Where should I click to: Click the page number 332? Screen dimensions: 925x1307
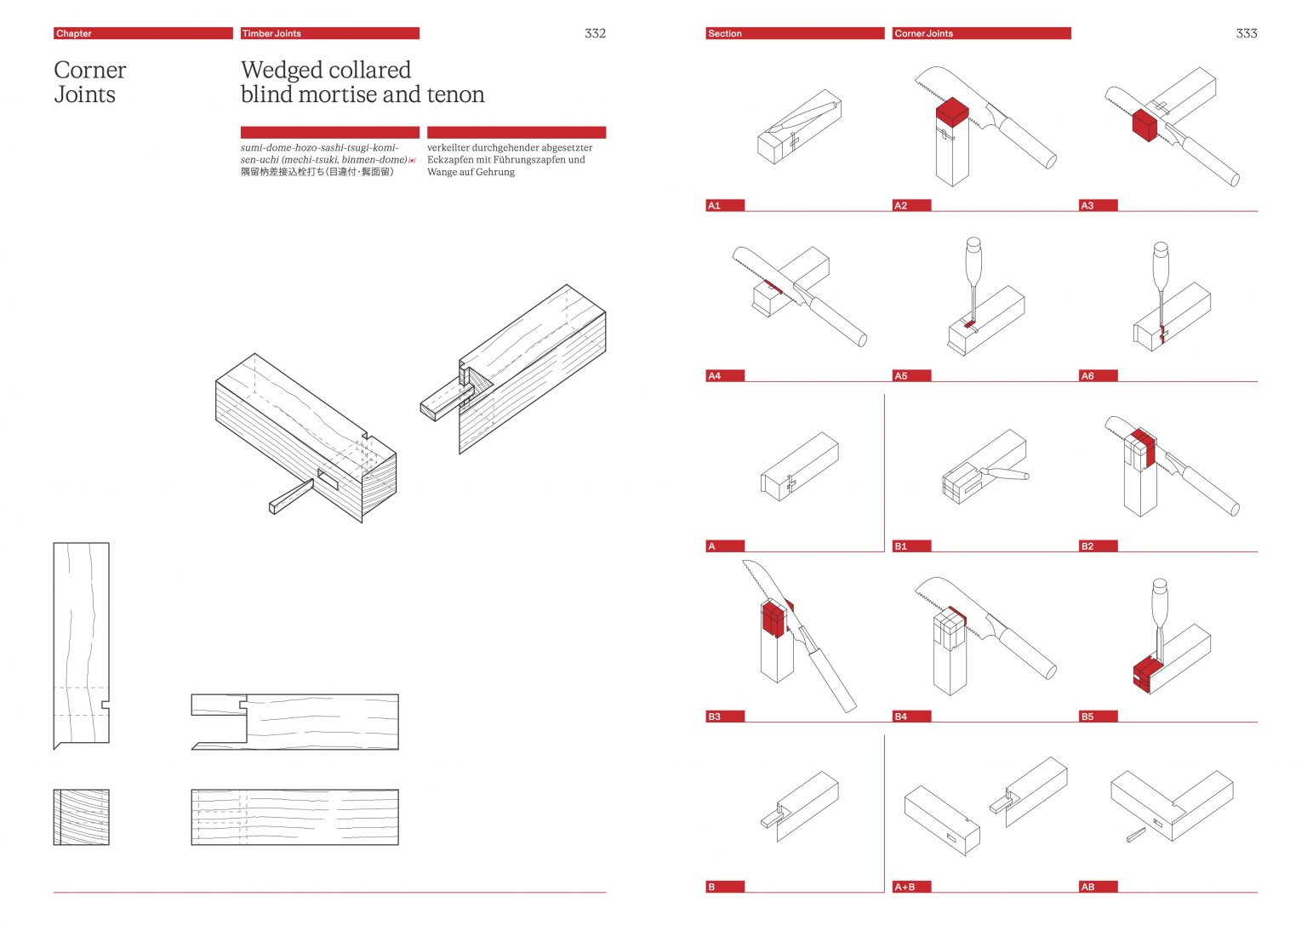coord(595,33)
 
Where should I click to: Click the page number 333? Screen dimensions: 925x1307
coord(1246,33)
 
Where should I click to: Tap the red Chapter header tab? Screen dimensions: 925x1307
coord(142,33)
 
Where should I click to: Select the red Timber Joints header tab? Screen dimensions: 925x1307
coord(329,33)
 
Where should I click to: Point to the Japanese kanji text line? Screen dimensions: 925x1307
coord(317,172)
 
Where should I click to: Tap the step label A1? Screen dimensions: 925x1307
coord(724,205)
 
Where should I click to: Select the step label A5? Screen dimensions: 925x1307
coord(910,375)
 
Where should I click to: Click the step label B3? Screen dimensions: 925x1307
coord(724,717)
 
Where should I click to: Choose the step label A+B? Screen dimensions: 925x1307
coord(910,887)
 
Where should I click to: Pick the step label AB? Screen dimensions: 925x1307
coord(1098,887)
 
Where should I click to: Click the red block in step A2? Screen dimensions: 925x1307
coord(952,111)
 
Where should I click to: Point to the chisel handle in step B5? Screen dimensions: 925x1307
coord(1159,599)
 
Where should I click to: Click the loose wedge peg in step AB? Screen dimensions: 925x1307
coord(1136,836)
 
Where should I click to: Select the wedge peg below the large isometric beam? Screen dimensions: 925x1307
coord(290,496)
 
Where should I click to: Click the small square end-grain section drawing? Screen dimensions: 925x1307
coord(82,817)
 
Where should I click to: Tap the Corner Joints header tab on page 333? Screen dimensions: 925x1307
coord(981,33)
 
